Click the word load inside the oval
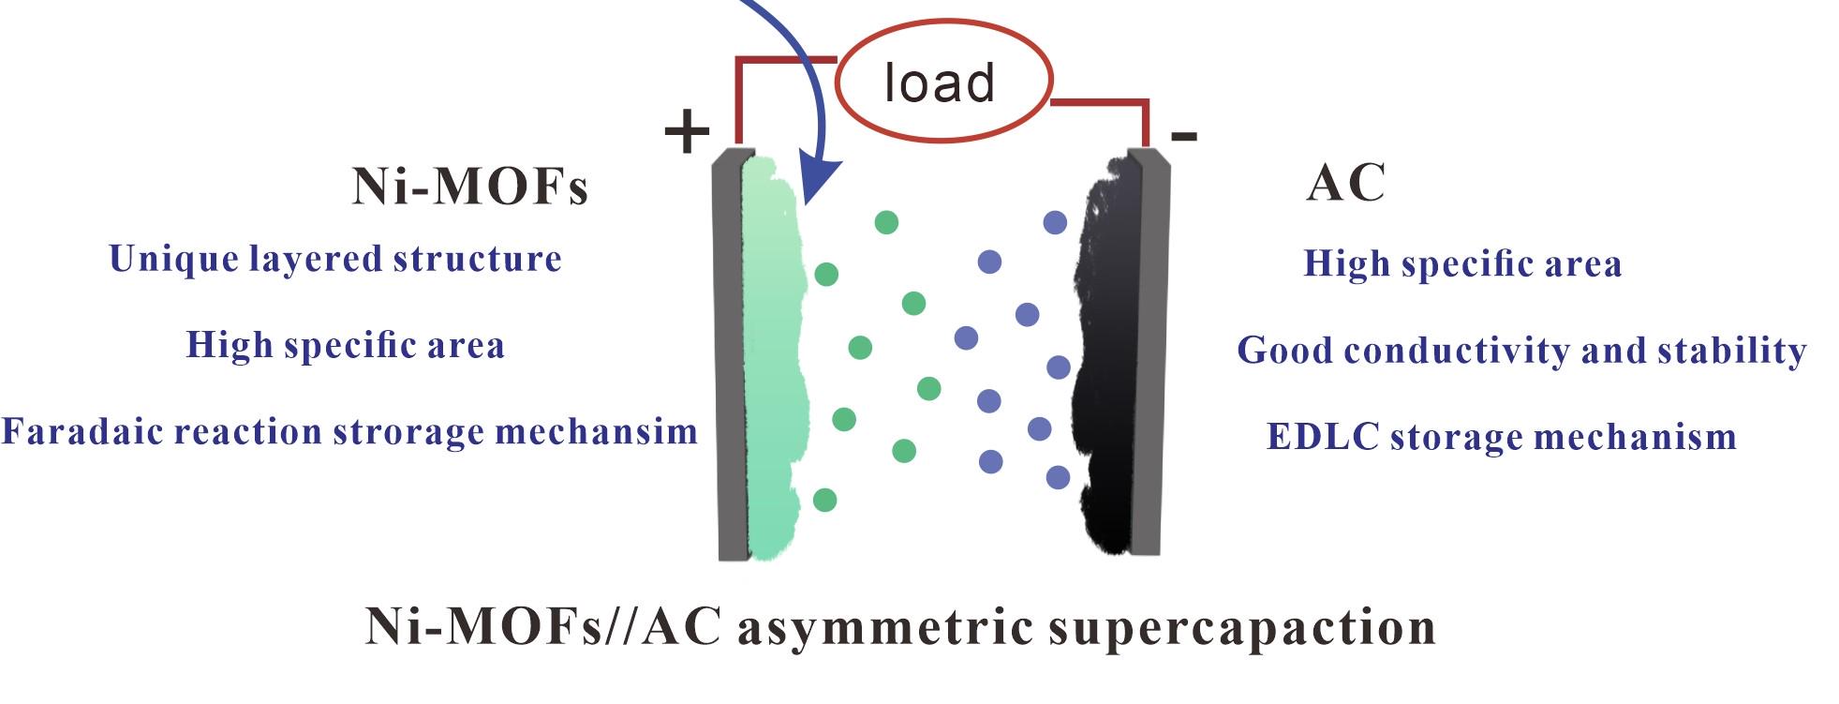pyautogui.click(x=939, y=83)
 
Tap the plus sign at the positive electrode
pyautogui.click(x=687, y=131)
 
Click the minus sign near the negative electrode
pyautogui.click(x=1183, y=136)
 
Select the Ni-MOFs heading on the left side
pyautogui.click(x=469, y=187)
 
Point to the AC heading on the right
pyautogui.click(x=1345, y=183)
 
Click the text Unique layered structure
pyautogui.click(x=335, y=259)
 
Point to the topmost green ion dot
pyautogui.click(x=886, y=222)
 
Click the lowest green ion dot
pyautogui.click(x=824, y=500)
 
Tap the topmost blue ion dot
pyautogui.click(x=1055, y=223)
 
